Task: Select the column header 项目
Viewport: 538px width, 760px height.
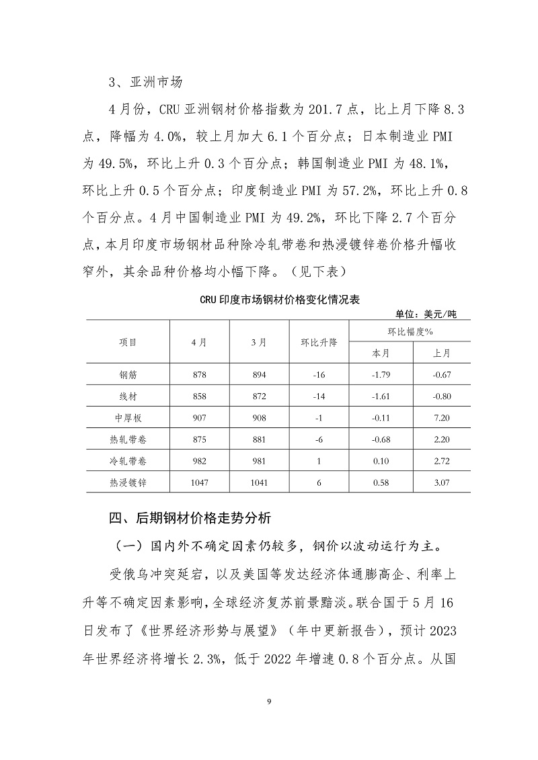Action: click(128, 342)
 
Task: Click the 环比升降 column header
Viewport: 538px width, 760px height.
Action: click(319, 342)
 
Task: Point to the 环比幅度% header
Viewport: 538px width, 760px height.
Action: click(410, 331)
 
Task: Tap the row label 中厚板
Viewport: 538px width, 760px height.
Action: click(128, 417)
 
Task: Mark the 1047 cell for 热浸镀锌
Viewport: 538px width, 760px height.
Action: click(200, 482)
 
